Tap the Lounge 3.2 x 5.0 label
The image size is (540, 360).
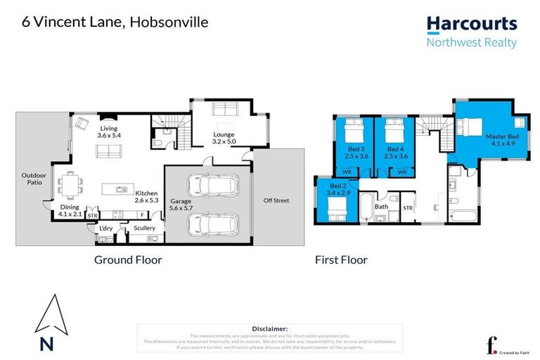point(224,138)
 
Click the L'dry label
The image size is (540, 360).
point(105,228)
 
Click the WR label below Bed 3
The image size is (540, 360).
point(347,171)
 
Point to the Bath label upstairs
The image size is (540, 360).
point(381,207)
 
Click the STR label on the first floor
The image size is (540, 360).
point(407,207)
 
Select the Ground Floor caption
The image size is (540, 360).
point(128,259)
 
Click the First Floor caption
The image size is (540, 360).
point(342,259)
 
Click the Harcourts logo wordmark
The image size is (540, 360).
point(472,24)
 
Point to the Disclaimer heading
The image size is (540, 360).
point(269,328)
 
